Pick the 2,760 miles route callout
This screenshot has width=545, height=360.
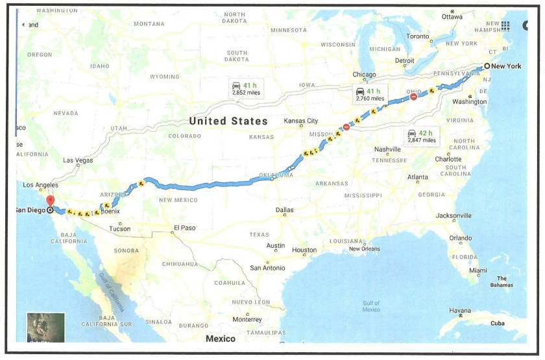(369, 95)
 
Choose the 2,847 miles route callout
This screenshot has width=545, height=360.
(421, 136)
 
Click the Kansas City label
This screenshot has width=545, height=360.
(302, 121)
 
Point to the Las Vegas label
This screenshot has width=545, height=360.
(78, 160)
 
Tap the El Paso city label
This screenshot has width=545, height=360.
(184, 228)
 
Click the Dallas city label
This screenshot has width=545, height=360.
(284, 210)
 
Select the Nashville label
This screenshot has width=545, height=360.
(388, 149)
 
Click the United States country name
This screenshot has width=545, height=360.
(228, 121)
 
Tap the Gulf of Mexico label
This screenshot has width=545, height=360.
(371, 306)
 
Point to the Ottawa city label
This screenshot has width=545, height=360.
(453, 17)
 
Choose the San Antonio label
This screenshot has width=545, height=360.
(267, 268)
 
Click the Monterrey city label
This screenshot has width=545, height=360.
(247, 319)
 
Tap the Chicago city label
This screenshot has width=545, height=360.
(365, 74)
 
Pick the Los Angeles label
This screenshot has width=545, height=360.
(45, 186)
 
